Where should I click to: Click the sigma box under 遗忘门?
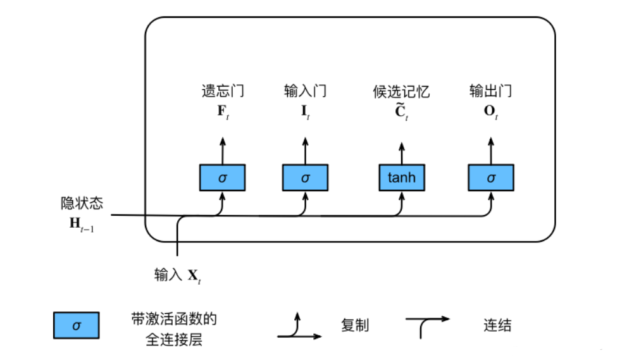click(222, 178)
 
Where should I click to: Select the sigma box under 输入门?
click(305, 178)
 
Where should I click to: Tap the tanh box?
click(402, 177)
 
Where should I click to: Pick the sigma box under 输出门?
click(491, 178)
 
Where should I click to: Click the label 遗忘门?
click(222, 91)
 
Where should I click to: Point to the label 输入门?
click(305, 91)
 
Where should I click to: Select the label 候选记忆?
click(402, 92)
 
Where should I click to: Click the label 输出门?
click(490, 91)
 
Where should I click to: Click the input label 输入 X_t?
click(178, 275)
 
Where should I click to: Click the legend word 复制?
click(355, 326)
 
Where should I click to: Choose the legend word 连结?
click(497, 326)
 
